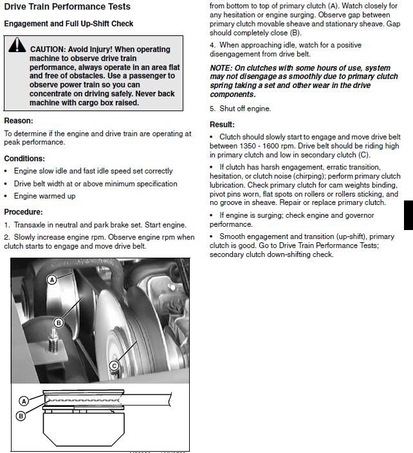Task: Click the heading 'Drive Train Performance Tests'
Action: click(67, 7)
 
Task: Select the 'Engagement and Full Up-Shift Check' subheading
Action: click(69, 24)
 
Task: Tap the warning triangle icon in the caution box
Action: click(17, 46)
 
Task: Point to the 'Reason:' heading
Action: click(19, 121)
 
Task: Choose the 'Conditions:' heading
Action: click(24, 159)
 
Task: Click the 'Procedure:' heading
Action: click(23, 212)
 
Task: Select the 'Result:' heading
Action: click(222, 125)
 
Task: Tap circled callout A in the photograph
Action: click(52, 280)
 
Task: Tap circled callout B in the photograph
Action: click(59, 323)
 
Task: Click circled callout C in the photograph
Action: click(114, 366)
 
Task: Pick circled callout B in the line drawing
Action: click(21, 416)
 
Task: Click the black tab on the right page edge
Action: click(408, 215)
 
